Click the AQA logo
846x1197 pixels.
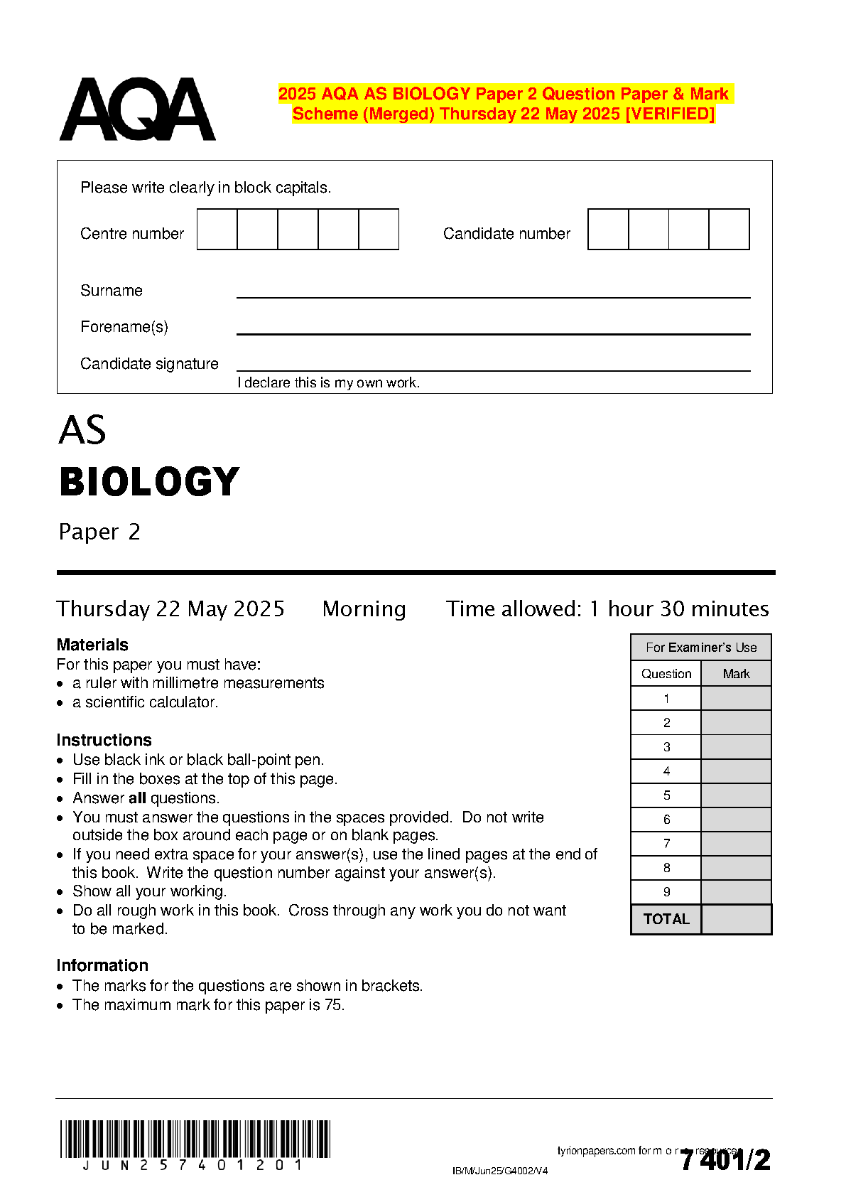click(x=137, y=109)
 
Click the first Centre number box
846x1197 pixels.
click(x=217, y=229)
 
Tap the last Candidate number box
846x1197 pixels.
click(x=729, y=229)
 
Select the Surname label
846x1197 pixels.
click(x=112, y=291)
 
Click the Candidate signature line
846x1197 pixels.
click(x=493, y=370)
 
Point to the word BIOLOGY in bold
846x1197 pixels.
click(x=150, y=482)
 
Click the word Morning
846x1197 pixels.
click(x=364, y=609)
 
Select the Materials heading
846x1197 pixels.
click(x=92, y=645)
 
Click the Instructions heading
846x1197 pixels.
click(x=104, y=740)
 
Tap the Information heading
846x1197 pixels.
click(x=102, y=965)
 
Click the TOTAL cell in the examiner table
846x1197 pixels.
click(x=666, y=919)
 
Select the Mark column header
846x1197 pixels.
click(x=736, y=674)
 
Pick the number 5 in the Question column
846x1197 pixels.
click(x=666, y=795)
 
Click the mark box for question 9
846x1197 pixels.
click(x=736, y=892)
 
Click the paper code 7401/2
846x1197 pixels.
click(x=725, y=1160)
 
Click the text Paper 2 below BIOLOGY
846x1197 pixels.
click(x=99, y=532)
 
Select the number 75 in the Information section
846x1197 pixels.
click(x=333, y=1005)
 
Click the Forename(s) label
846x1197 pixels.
click(x=124, y=327)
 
